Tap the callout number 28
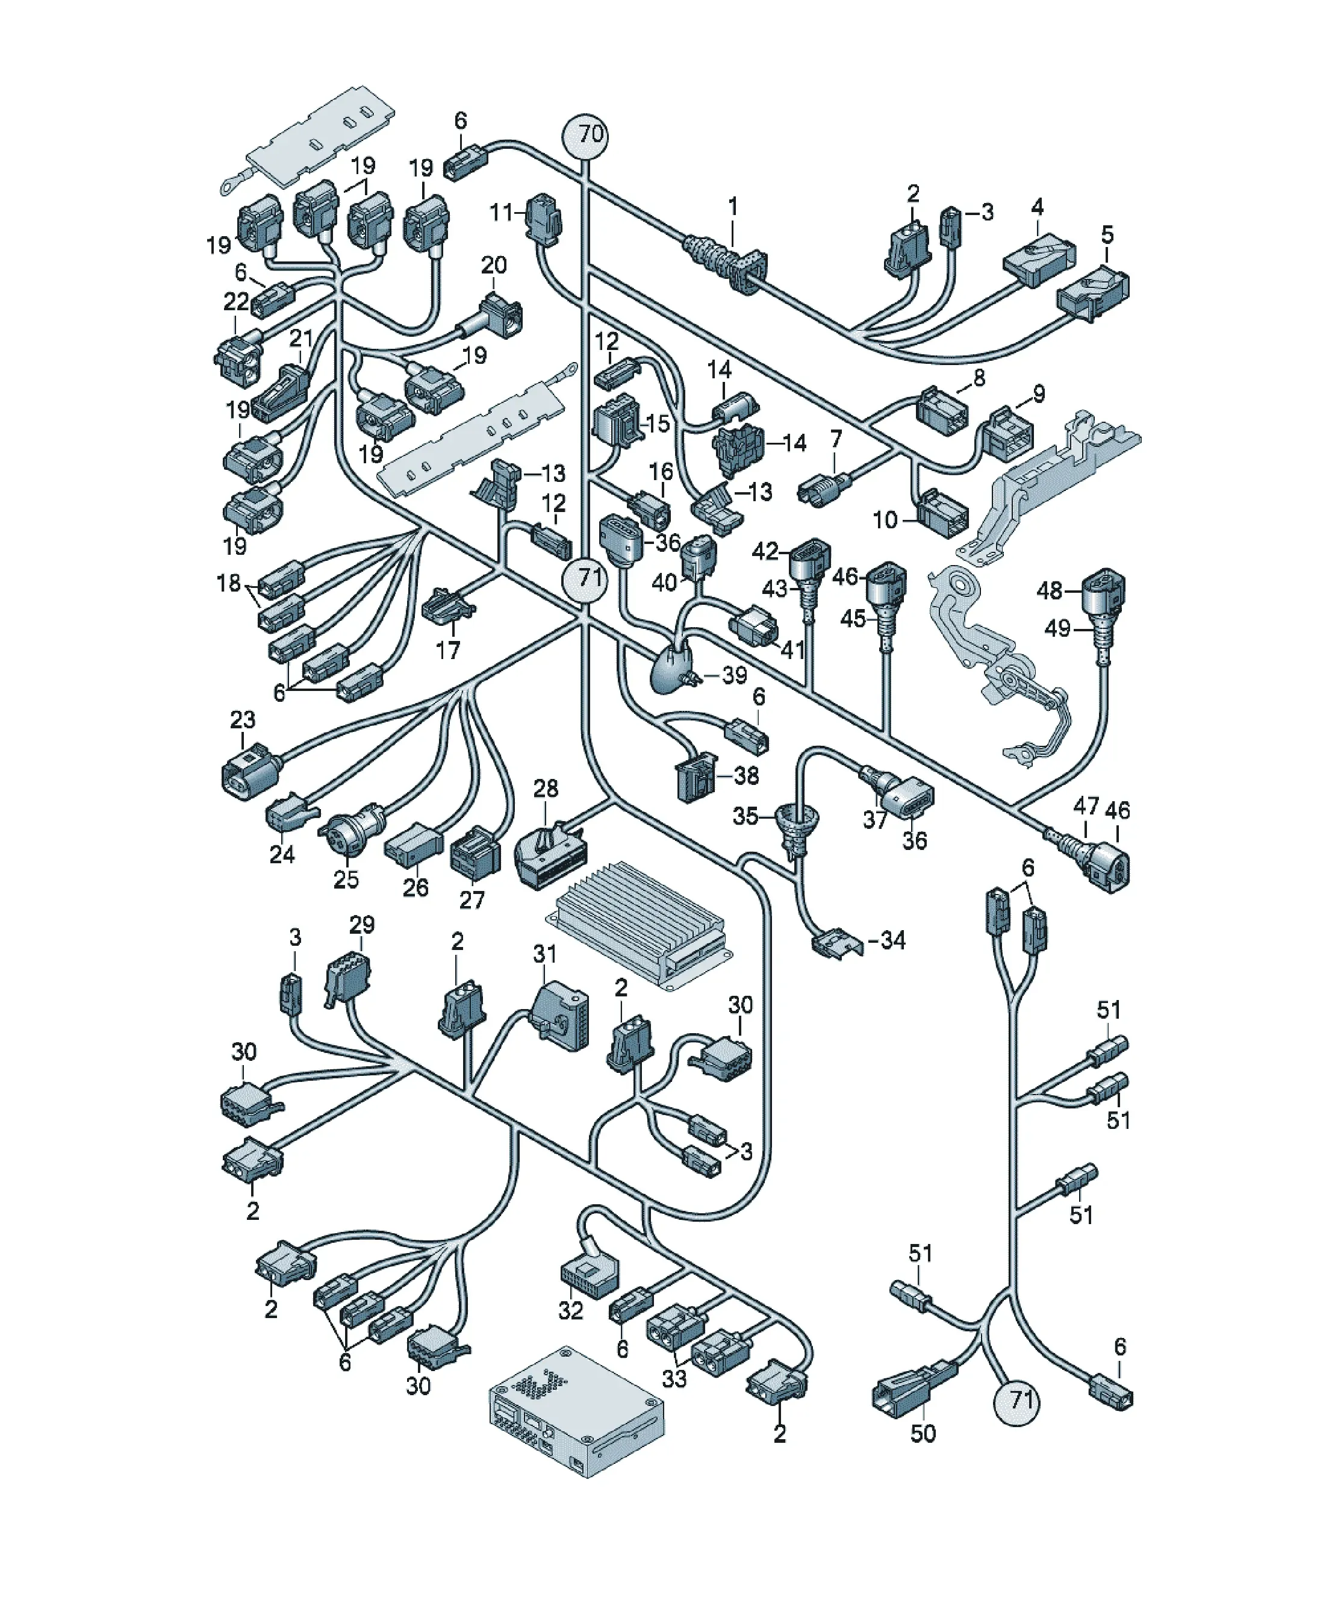[x=545, y=789]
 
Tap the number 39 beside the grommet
[x=733, y=675]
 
